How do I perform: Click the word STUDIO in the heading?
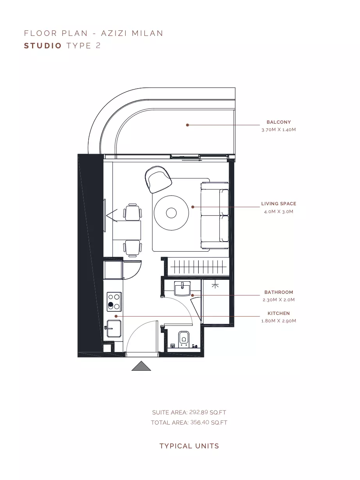tap(43, 46)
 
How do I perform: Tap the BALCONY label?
tap(278, 122)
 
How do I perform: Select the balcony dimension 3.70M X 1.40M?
tap(278, 130)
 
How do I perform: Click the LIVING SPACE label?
tap(279, 204)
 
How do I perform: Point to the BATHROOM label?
tap(278, 292)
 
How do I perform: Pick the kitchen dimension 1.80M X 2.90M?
tap(278, 321)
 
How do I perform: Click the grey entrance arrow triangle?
tap(141, 366)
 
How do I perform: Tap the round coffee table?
tap(171, 213)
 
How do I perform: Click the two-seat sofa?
tap(215, 215)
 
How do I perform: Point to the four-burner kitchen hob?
tap(114, 302)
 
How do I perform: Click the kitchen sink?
tap(114, 329)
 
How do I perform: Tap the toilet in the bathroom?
tap(184, 340)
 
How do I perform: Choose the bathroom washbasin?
tap(182, 289)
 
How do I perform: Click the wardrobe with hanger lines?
tap(198, 267)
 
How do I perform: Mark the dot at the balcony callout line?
tap(187, 125)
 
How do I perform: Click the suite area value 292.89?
tap(199, 412)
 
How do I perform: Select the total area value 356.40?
tap(200, 422)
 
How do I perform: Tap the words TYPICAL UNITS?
tap(189, 446)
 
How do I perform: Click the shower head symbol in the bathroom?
tap(215, 285)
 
